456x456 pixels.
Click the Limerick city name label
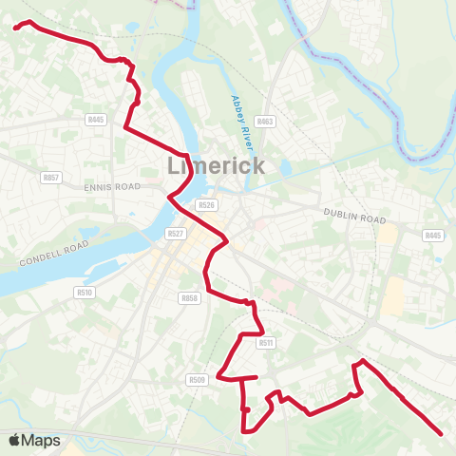click(216, 164)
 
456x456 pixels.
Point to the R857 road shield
click(51, 178)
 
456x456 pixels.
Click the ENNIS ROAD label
click(111, 187)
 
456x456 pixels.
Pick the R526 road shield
click(207, 204)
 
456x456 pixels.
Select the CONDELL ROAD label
click(54, 252)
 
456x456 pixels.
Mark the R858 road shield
click(189, 297)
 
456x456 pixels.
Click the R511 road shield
click(266, 342)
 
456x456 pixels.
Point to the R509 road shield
click(197, 380)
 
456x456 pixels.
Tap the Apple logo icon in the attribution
click(14, 440)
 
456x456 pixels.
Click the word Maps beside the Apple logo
click(42, 440)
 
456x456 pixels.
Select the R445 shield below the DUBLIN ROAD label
click(433, 235)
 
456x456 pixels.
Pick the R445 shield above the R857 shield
click(95, 120)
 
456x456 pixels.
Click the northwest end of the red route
click(15, 28)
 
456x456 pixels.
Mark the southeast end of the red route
click(442, 434)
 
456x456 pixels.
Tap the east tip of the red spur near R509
click(257, 377)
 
